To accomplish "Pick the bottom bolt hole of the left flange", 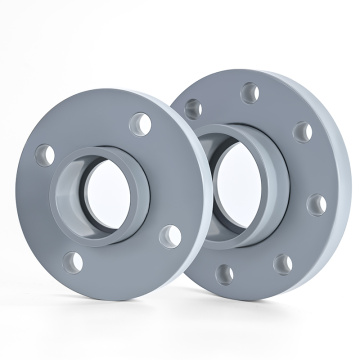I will (x=73, y=263).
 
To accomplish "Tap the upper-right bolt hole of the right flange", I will (x=300, y=131).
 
